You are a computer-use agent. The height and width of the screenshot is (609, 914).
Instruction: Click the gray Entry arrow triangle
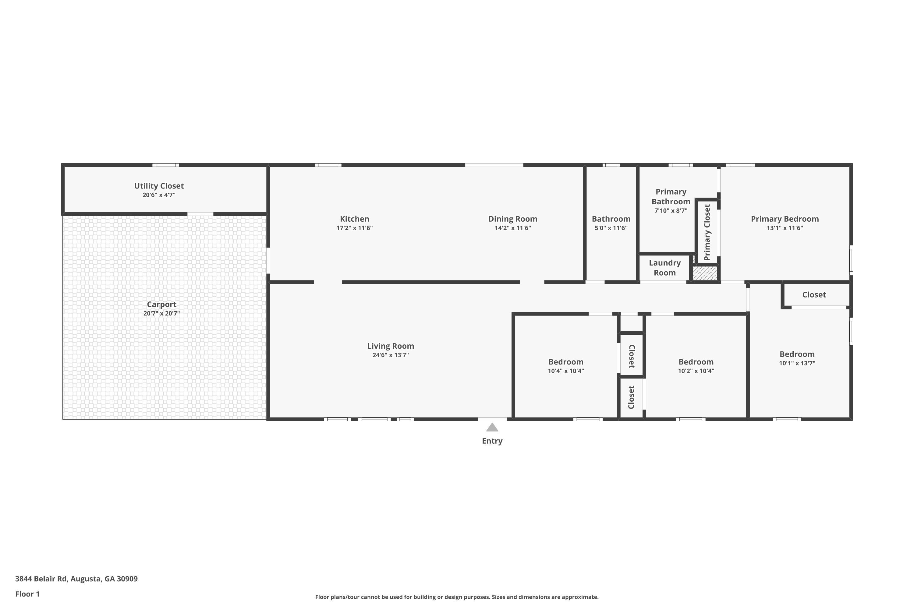[492, 427]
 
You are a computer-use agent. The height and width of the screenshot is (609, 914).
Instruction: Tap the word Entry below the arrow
[492, 441]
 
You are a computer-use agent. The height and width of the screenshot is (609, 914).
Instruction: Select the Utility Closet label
[159, 186]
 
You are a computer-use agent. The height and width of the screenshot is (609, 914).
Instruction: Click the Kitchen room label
[354, 219]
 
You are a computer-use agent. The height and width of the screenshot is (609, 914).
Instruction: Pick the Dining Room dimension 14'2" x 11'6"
[512, 228]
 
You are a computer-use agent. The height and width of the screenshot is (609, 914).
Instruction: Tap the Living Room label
[391, 346]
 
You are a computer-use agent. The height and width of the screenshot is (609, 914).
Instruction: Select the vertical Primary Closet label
[707, 232]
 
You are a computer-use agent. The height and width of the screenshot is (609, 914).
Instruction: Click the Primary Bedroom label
[785, 219]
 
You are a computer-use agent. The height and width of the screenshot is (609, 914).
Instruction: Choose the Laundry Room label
[664, 268]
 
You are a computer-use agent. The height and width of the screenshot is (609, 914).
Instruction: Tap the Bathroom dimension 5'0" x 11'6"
[611, 228]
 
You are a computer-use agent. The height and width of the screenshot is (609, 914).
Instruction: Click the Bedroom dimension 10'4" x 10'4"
[566, 371]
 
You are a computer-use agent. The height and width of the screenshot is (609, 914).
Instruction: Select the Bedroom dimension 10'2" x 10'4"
[696, 371]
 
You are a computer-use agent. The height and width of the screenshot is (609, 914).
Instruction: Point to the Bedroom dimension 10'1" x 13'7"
[797, 363]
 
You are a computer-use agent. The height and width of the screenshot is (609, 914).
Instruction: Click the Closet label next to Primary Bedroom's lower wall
[814, 295]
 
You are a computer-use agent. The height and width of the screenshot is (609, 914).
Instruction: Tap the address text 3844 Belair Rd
[41, 579]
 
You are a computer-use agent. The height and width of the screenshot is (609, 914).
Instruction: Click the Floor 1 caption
[27, 594]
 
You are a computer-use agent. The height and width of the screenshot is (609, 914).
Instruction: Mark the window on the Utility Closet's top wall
[165, 165]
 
